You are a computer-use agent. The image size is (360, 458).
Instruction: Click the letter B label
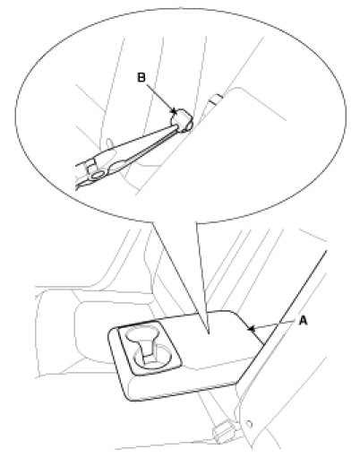point(141,77)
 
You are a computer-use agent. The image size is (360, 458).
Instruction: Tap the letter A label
point(303,321)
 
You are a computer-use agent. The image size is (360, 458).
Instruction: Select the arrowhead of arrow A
point(251,329)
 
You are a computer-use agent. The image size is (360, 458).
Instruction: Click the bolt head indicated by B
point(182,120)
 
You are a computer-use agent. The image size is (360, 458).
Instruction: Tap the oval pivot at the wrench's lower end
point(99,176)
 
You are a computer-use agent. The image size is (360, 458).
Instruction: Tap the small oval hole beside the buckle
point(250,424)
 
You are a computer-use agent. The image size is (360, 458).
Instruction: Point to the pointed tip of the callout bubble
point(208,333)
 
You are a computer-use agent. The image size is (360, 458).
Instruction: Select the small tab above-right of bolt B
point(216,99)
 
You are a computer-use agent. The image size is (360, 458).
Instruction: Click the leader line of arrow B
point(160,98)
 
